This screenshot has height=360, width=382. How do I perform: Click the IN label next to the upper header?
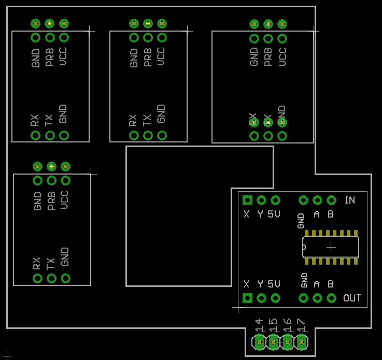(350, 200)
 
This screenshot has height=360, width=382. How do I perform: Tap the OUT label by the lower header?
(352, 298)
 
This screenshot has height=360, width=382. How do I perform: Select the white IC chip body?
(331, 247)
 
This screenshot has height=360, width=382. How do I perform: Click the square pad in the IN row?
(247, 200)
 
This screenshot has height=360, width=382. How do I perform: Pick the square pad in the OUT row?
(247, 298)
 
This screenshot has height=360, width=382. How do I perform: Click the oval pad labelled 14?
(259, 341)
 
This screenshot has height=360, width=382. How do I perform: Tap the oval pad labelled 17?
(301, 341)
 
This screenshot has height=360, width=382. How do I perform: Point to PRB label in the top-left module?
(50, 57)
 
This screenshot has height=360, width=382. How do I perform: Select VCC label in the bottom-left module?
(65, 200)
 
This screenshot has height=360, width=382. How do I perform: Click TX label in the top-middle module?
(148, 120)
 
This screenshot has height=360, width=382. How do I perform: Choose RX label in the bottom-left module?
(37, 264)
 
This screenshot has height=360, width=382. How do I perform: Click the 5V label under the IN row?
(274, 214)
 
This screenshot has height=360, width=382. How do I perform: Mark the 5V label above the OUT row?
(274, 284)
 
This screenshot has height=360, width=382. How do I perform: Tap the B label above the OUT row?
(330, 284)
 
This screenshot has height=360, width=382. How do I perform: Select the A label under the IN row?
(317, 214)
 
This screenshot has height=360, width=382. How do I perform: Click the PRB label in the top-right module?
(268, 57)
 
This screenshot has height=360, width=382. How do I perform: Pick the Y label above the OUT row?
(260, 284)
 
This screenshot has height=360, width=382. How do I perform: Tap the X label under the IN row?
(247, 214)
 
